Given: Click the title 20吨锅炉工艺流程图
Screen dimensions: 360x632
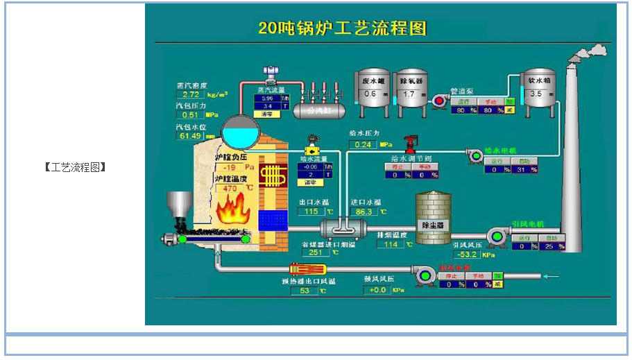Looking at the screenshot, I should pos(342,28).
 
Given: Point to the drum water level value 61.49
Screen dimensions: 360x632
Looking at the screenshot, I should pos(191,136).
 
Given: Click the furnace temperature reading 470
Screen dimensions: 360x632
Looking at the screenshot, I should pos(230,188).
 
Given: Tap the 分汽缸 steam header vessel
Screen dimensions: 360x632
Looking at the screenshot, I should pos(316,110).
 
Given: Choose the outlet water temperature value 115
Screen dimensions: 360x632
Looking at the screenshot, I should pos(311,212).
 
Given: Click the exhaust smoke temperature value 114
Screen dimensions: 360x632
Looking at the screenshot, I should pos(391,244).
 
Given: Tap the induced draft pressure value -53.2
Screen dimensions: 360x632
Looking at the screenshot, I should pos(464,254).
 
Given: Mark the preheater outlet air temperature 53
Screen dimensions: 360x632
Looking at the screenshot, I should pos(305,291).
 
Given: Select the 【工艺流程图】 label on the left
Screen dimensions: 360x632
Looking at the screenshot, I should pos(75,166).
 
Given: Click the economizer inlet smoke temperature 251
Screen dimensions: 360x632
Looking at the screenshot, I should pos(314,252).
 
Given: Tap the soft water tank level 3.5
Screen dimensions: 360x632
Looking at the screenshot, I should pos(536,94).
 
